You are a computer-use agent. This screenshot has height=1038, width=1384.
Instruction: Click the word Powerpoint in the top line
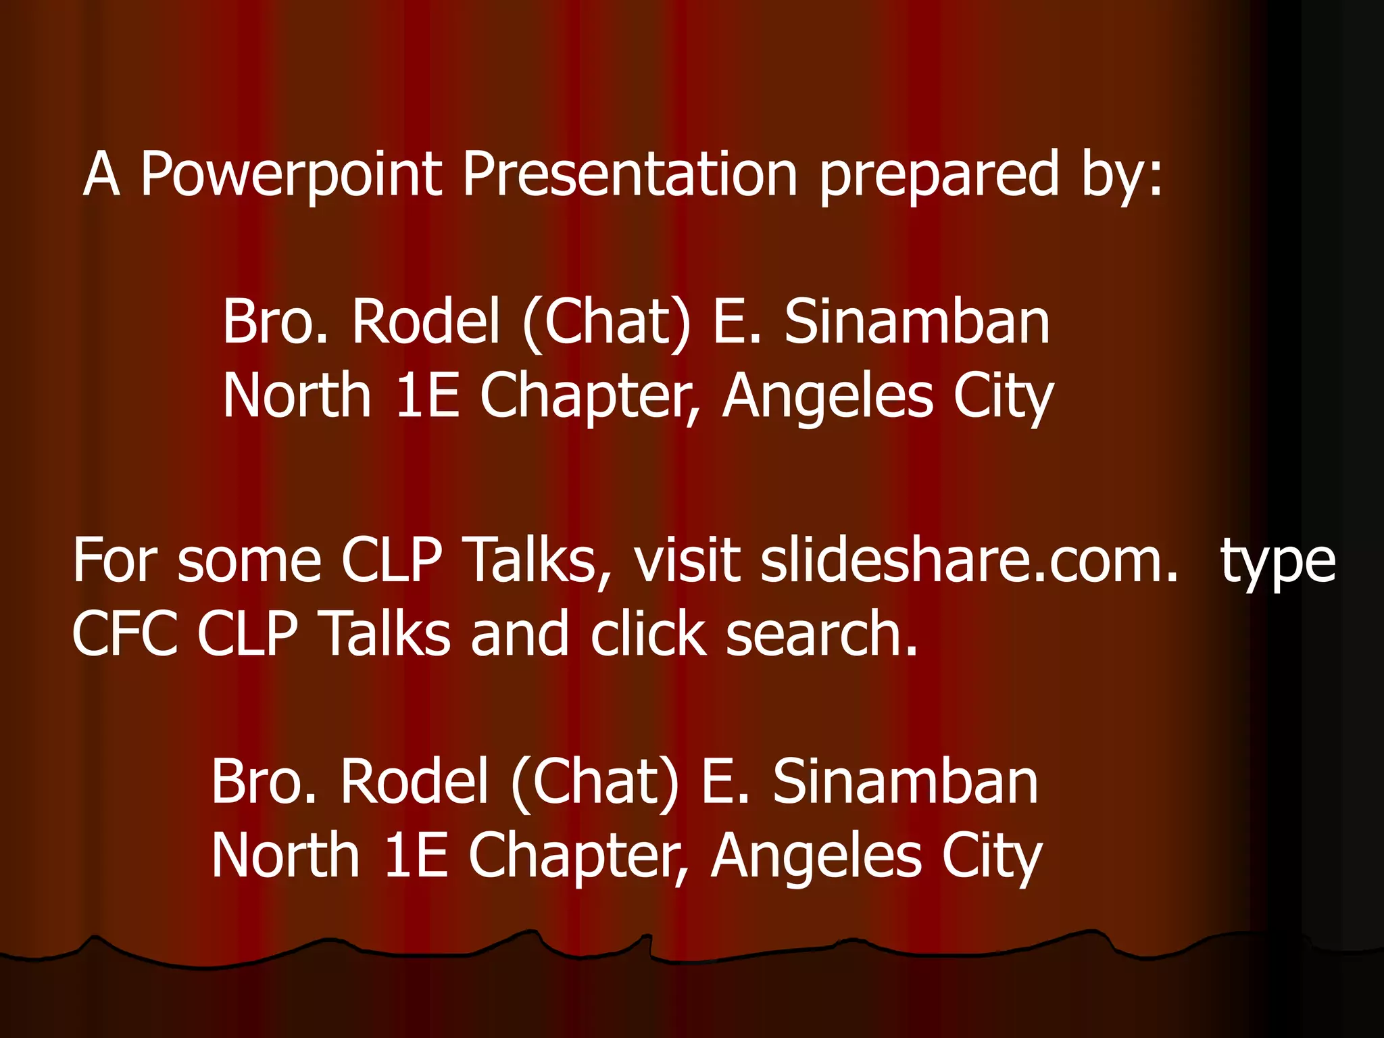pyautogui.click(x=291, y=174)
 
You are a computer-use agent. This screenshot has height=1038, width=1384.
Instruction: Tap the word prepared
pyautogui.click(x=939, y=174)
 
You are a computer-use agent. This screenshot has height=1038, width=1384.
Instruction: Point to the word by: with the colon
pyautogui.click(x=1122, y=174)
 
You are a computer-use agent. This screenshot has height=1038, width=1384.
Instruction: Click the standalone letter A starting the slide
pyautogui.click(x=101, y=174)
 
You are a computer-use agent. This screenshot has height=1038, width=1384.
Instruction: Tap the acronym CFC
pyautogui.click(x=125, y=634)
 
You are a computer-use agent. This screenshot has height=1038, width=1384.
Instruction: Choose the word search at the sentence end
pyautogui.click(x=822, y=634)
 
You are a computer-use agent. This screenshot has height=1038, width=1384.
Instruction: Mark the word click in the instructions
pyautogui.click(x=648, y=634)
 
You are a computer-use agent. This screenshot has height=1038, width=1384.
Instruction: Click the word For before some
pyautogui.click(x=115, y=561)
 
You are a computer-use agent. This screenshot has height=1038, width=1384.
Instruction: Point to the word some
pyautogui.click(x=249, y=561)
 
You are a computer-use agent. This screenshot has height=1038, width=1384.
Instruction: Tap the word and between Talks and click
pyautogui.click(x=520, y=634)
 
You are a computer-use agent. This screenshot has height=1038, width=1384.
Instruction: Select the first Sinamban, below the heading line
pyautogui.click(x=916, y=322)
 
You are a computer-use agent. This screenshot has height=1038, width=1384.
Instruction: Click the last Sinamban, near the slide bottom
pyautogui.click(x=905, y=782)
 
